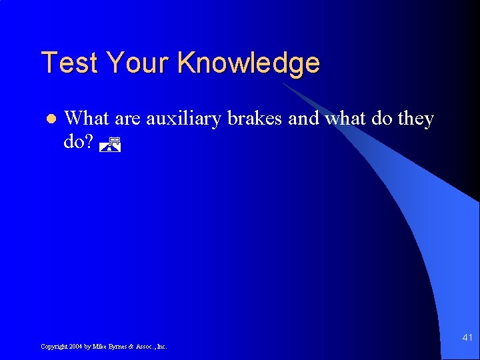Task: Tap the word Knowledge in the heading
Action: point(249,63)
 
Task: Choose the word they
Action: point(416,119)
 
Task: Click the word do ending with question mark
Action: point(78,142)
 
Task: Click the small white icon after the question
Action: point(111,143)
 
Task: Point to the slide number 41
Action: point(467,338)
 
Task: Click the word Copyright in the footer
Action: point(54,347)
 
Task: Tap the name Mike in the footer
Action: point(99,347)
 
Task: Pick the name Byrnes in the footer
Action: point(119,347)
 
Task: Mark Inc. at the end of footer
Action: point(162,347)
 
